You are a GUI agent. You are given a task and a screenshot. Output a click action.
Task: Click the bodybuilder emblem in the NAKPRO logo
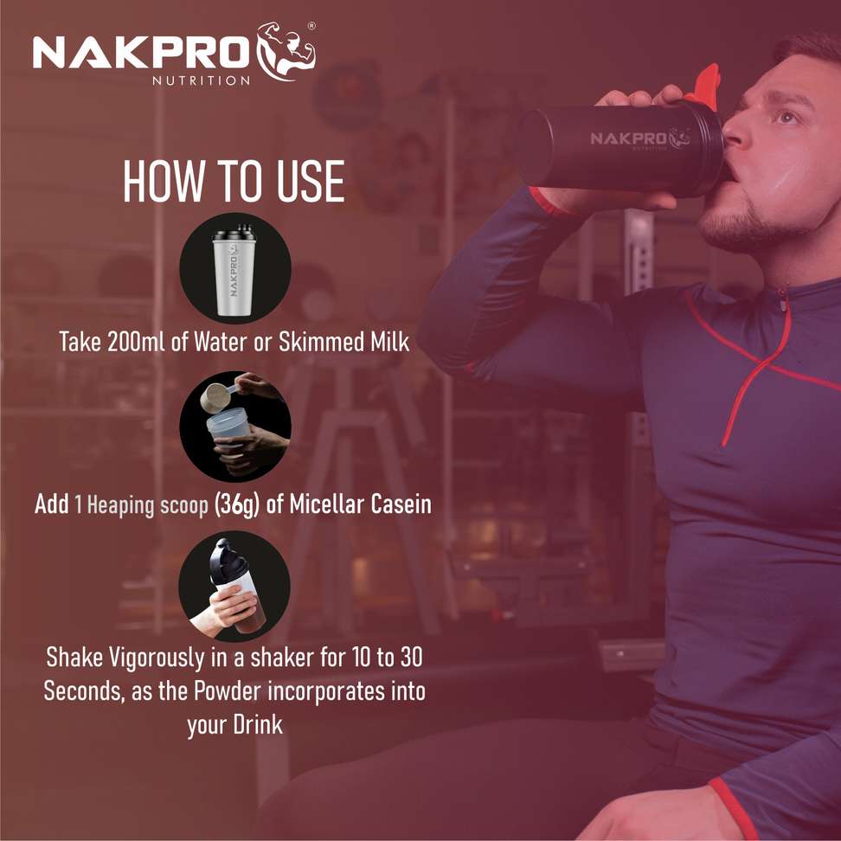pyautogui.click(x=286, y=52)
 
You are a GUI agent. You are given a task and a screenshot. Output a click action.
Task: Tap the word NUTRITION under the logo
pyautogui.click(x=201, y=81)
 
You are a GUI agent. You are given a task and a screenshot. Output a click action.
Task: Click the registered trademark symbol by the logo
pyautogui.click(x=311, y=26)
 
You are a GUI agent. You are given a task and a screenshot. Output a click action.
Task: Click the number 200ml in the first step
pyautogui.click(x=136, y=342)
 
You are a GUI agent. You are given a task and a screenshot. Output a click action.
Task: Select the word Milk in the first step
pyautogui.click(x=390, y=342)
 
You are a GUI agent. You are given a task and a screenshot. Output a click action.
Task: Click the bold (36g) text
pyautogui.click(x=236, y=504)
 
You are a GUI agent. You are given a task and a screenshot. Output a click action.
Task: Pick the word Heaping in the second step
pyautogui.click(x=120, y=506)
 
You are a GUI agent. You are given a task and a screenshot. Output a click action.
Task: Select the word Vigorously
pyautogui.click(x=158, y=658)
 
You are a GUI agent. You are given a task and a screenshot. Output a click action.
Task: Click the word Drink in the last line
pyautogui.click(x=258, y=724)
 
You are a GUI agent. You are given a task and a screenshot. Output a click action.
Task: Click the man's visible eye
pyautogui.click(x=786, y=117)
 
